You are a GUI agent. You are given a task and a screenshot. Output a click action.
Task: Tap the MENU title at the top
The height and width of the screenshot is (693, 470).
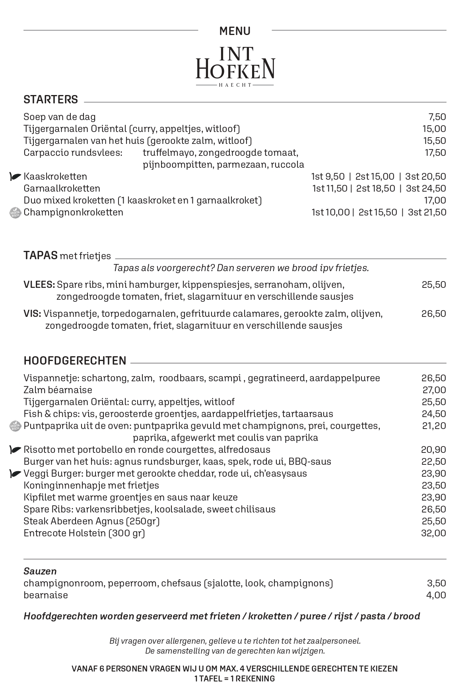tap(235, 31)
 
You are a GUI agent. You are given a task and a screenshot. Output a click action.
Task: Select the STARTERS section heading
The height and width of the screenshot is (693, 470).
tap(51, 99)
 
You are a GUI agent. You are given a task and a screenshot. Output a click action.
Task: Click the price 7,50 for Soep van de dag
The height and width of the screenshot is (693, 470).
tap(437, 117)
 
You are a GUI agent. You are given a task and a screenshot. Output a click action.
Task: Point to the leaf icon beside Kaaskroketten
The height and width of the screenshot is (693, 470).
tap(15, 177)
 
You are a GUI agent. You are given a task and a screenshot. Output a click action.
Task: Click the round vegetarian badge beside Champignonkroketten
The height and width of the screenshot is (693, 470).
tap(15, 213)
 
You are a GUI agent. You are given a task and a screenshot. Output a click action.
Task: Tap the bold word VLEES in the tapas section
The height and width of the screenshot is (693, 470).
tap(39, 285)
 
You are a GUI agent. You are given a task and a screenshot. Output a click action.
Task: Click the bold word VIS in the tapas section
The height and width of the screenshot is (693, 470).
tap(32, 314)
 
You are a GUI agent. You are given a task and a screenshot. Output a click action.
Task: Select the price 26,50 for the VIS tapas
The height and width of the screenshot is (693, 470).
tap(433, 314)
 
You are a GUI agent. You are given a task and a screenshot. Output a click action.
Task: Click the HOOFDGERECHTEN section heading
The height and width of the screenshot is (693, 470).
tap(75, 361)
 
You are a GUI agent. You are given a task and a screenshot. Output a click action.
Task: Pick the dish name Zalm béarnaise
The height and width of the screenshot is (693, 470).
tap(58, 390)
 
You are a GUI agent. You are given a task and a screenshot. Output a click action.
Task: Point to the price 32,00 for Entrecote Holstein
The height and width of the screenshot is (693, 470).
tap(433, 533)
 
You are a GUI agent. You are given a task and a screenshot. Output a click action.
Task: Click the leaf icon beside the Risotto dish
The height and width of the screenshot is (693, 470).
tap(15, 450)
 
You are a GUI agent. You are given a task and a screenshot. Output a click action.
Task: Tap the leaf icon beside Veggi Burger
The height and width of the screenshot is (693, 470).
tap(15, 474)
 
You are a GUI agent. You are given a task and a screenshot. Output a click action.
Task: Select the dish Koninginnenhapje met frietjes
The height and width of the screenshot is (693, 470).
tap(91, 485)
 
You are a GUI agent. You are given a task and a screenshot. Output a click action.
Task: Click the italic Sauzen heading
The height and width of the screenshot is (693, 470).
tap(40, 571)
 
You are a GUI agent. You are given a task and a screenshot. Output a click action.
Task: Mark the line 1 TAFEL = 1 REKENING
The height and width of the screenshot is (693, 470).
tap(235, 679)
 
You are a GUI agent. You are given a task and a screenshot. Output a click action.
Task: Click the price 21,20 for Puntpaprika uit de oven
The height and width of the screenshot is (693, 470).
tap(434, 426)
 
